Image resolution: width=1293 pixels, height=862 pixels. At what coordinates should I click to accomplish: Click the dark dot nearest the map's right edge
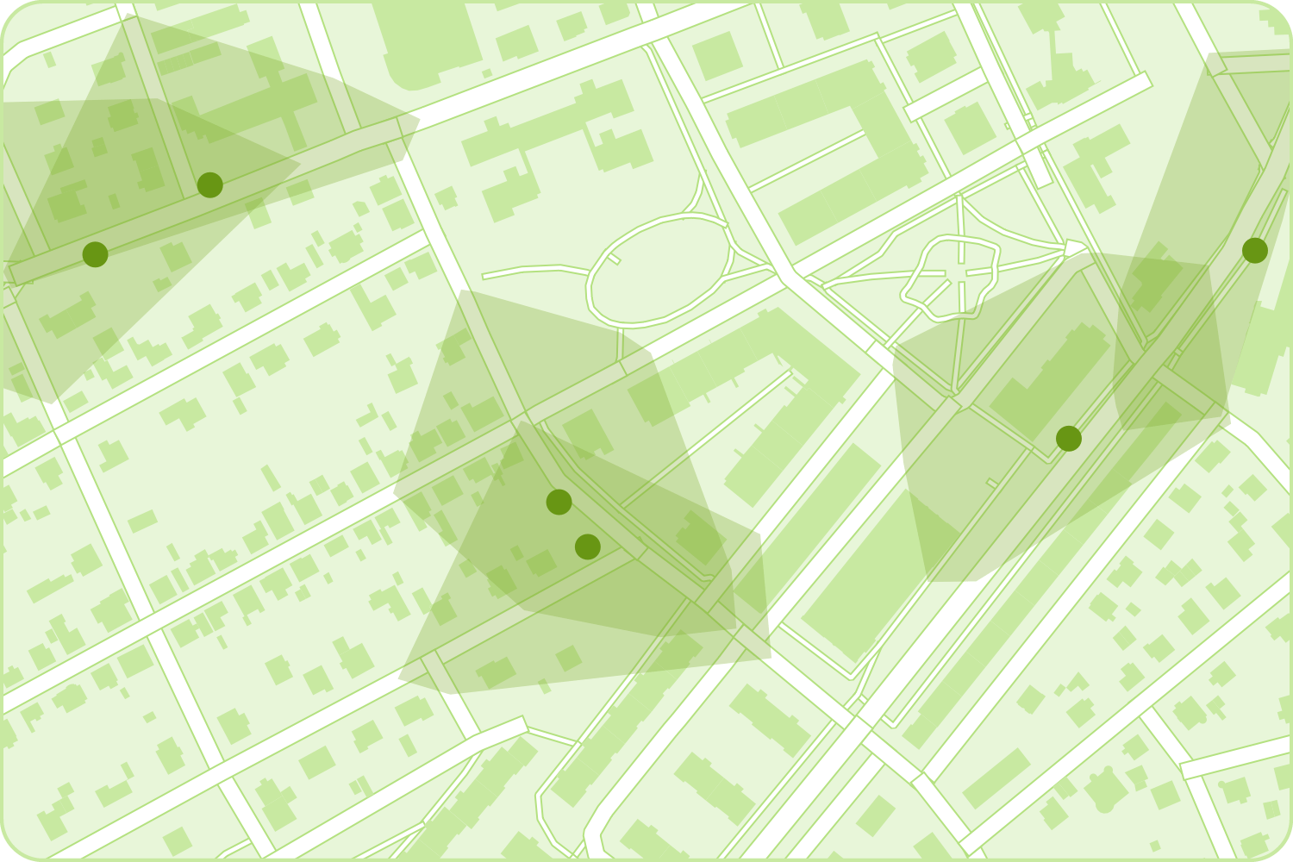coord(1255,251)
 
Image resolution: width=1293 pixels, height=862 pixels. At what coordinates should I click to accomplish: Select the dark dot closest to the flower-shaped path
coord(1069,439)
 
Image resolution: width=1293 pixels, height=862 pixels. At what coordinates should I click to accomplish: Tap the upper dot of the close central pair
coord(559,502)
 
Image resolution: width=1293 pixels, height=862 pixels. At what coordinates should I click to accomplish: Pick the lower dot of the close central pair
coord(588,547)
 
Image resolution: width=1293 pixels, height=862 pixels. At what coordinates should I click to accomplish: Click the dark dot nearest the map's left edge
coord(95,254)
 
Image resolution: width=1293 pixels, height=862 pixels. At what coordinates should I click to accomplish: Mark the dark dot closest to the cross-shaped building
coord(210,184)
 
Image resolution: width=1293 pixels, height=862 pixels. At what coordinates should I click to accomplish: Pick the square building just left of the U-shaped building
coord(717,56)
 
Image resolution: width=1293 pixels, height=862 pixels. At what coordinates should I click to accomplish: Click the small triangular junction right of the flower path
coord(1073,248)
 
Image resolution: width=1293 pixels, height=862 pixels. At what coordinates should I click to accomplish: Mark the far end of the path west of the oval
coord(484,277)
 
